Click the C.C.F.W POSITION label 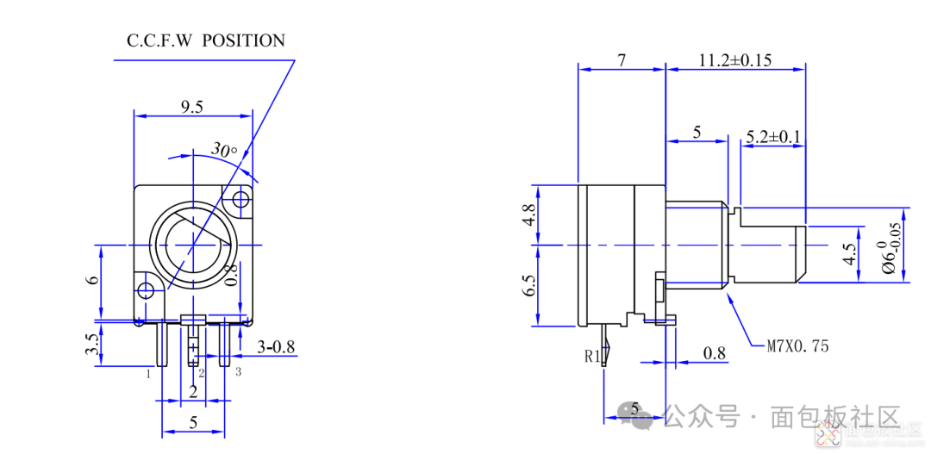point(205,40)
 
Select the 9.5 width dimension point(192,107)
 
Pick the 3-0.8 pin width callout point(277,347)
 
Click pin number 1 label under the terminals point(149,374)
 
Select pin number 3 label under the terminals point(238,371)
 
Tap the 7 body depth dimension point(622,59)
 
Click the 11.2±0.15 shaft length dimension point(734,59)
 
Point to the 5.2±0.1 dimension point(773,136)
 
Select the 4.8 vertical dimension point(529,214)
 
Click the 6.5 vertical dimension point(529,285)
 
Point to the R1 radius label point(592,354)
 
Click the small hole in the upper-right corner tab point(240,201)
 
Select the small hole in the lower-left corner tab point(147,290)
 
